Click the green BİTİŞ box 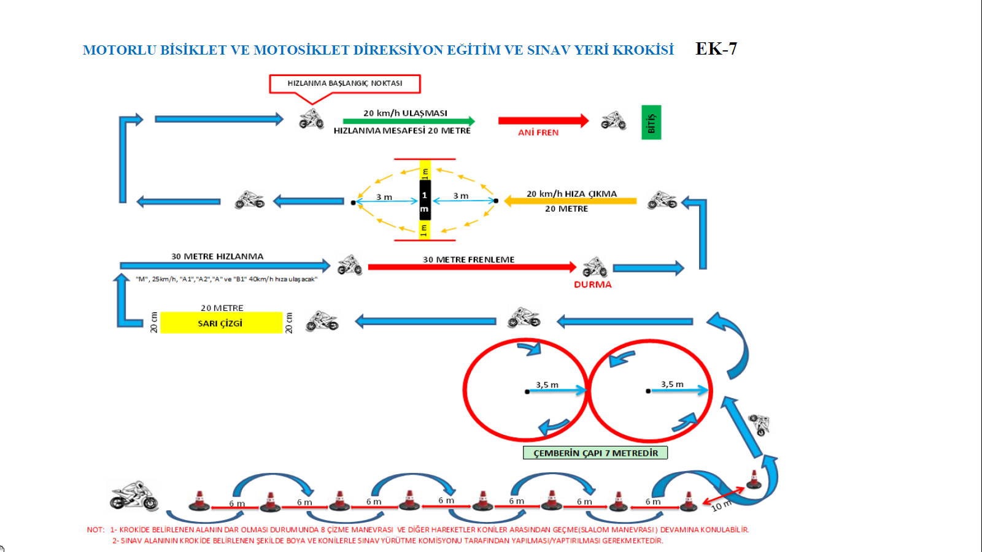coord(651,123)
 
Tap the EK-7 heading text coord(716,49)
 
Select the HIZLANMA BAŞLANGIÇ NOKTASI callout coord(344,83)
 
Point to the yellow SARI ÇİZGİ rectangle coord(221,323)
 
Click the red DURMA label coord(592,285)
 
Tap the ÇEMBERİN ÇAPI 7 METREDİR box coord(595,453)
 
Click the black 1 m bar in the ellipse coord(425,200)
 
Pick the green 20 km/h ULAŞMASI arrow coord(408,121)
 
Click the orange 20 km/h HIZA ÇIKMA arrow coord(570,201)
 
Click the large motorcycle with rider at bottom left coord(134,496)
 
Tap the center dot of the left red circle coord(527,391)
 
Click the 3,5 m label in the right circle coord(672,384)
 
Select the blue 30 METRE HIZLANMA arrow coord(225,266)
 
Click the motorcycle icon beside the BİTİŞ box coord(613,121)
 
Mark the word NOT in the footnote coord(95,529)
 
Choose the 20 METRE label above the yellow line coord(222,308)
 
